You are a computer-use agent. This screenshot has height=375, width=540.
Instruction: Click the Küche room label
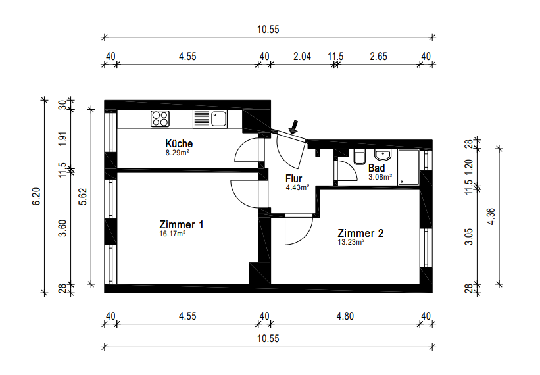tap(179, 143)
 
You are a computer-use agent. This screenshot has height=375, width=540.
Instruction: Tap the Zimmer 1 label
tap(182, 224)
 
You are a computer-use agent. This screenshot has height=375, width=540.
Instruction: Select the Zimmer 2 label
tap(360, 233)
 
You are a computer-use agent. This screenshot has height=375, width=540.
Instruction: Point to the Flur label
tap(293, 178)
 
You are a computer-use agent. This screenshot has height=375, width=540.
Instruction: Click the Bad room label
tap(376, 168)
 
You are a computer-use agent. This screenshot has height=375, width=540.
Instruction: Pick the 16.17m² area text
tap(172, 234)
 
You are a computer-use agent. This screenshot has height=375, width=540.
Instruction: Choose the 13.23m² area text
tap(351, 242)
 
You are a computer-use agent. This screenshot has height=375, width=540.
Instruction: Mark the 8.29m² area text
tap(178, 153)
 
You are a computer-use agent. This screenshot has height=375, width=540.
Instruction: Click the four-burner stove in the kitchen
tap(160, 119)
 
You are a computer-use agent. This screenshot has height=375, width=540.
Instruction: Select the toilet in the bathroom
tap(359, 157)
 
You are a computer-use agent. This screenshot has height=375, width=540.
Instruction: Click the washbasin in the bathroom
tap(383, 155)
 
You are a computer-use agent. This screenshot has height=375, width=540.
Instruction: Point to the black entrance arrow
tap(294, 126)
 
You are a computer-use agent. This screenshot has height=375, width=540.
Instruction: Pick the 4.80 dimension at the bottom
tap(345, 316)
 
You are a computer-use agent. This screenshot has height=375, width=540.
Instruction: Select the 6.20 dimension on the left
tap(36, 197)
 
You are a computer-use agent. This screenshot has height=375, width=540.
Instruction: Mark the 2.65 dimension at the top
tap(378, 56)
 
